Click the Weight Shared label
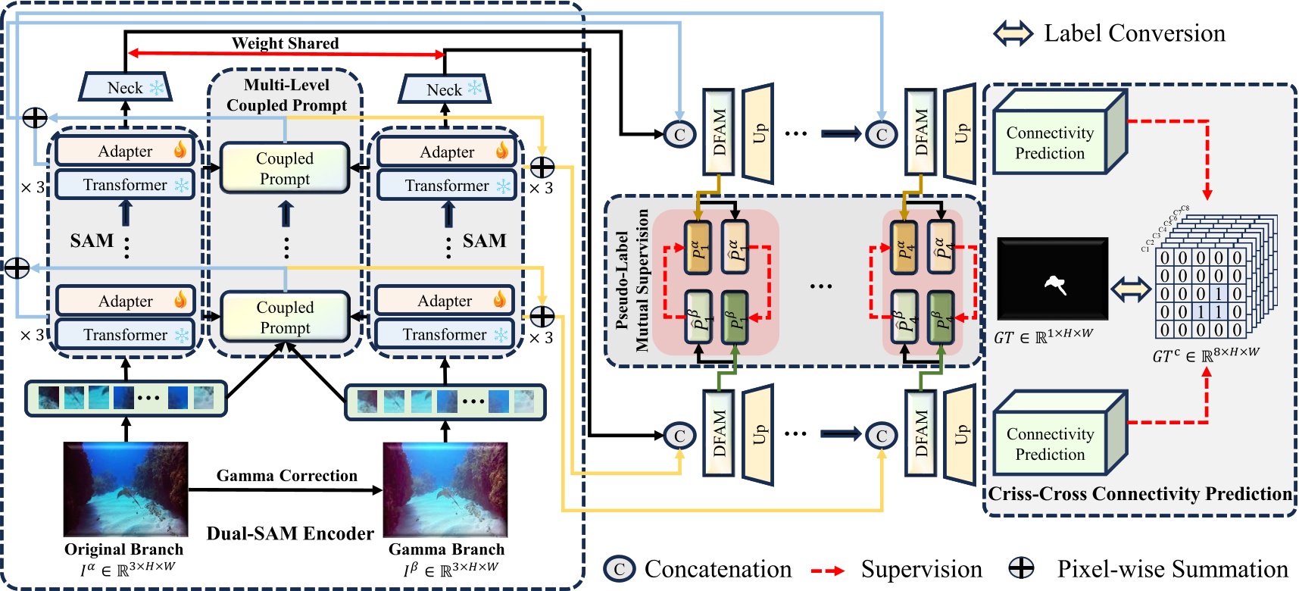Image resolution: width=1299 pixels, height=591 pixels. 285,43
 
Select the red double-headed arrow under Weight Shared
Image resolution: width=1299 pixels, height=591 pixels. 286,54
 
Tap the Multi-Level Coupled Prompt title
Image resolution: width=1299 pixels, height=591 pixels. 286,95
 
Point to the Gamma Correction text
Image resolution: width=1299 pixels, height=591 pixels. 286,476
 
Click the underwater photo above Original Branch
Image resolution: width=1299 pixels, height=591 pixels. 126,489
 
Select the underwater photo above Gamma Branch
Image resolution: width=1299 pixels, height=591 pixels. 445,489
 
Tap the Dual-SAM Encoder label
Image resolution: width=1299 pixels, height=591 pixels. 290,533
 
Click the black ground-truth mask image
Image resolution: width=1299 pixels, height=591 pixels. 1052,278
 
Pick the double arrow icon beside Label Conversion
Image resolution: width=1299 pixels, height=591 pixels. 1013,33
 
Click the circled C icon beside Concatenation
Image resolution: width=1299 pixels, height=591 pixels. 619,569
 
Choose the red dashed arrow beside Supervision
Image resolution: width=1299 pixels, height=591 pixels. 828,570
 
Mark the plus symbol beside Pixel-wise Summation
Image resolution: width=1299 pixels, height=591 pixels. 1022,568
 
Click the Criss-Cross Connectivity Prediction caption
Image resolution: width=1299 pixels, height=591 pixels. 1140,494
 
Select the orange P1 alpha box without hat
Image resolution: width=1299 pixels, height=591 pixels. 698,247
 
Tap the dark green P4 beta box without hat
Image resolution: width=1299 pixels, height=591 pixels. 941,317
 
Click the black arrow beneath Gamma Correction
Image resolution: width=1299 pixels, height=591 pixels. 286,490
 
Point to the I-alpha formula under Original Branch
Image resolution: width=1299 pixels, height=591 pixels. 127,568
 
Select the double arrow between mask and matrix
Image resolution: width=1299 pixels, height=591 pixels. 1131,289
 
